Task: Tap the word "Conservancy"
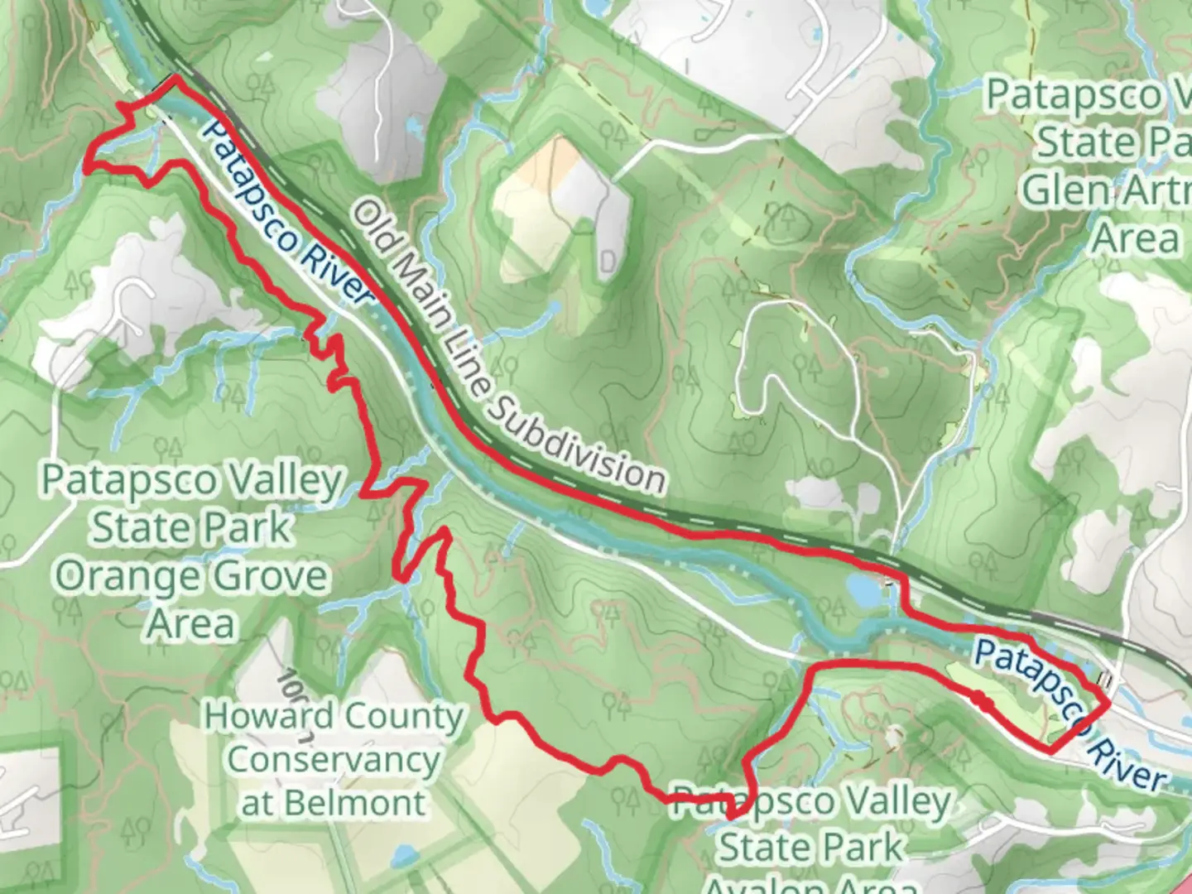[x=333, y=759]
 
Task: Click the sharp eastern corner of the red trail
[x=1108, y=703]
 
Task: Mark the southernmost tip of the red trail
[x=731, y=816]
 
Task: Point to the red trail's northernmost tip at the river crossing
[x=175, y=78]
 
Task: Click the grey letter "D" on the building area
[x=608, y=263]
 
